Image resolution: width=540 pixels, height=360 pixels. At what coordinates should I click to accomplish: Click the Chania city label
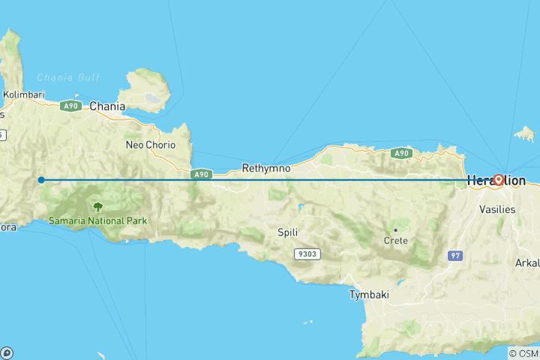107,106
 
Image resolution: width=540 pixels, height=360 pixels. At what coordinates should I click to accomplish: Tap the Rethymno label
266,169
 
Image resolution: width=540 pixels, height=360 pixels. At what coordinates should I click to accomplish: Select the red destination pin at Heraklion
497,180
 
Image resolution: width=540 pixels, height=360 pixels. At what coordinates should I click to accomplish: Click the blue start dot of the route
41,180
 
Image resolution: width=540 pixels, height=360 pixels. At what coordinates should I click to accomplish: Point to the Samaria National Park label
98,220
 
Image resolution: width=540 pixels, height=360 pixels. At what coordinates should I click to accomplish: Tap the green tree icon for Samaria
97,206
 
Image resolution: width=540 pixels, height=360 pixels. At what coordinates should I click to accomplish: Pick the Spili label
289,232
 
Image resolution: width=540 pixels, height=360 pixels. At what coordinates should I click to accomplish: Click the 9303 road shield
307,253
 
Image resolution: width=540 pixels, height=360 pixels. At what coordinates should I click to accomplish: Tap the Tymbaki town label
369,295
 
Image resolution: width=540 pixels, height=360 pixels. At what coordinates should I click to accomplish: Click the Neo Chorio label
145,145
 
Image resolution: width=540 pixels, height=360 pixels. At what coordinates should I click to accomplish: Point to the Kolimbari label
23,95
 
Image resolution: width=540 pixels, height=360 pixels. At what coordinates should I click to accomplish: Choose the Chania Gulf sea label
68,77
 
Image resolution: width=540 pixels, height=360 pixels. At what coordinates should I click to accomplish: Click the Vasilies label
497,209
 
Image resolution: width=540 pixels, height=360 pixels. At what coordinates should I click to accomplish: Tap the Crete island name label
396,241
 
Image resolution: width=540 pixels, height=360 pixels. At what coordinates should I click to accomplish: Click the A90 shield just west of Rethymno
200,174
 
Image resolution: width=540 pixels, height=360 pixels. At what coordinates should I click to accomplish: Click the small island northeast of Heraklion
525,134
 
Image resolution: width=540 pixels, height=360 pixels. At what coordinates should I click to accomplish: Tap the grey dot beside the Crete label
395,229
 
